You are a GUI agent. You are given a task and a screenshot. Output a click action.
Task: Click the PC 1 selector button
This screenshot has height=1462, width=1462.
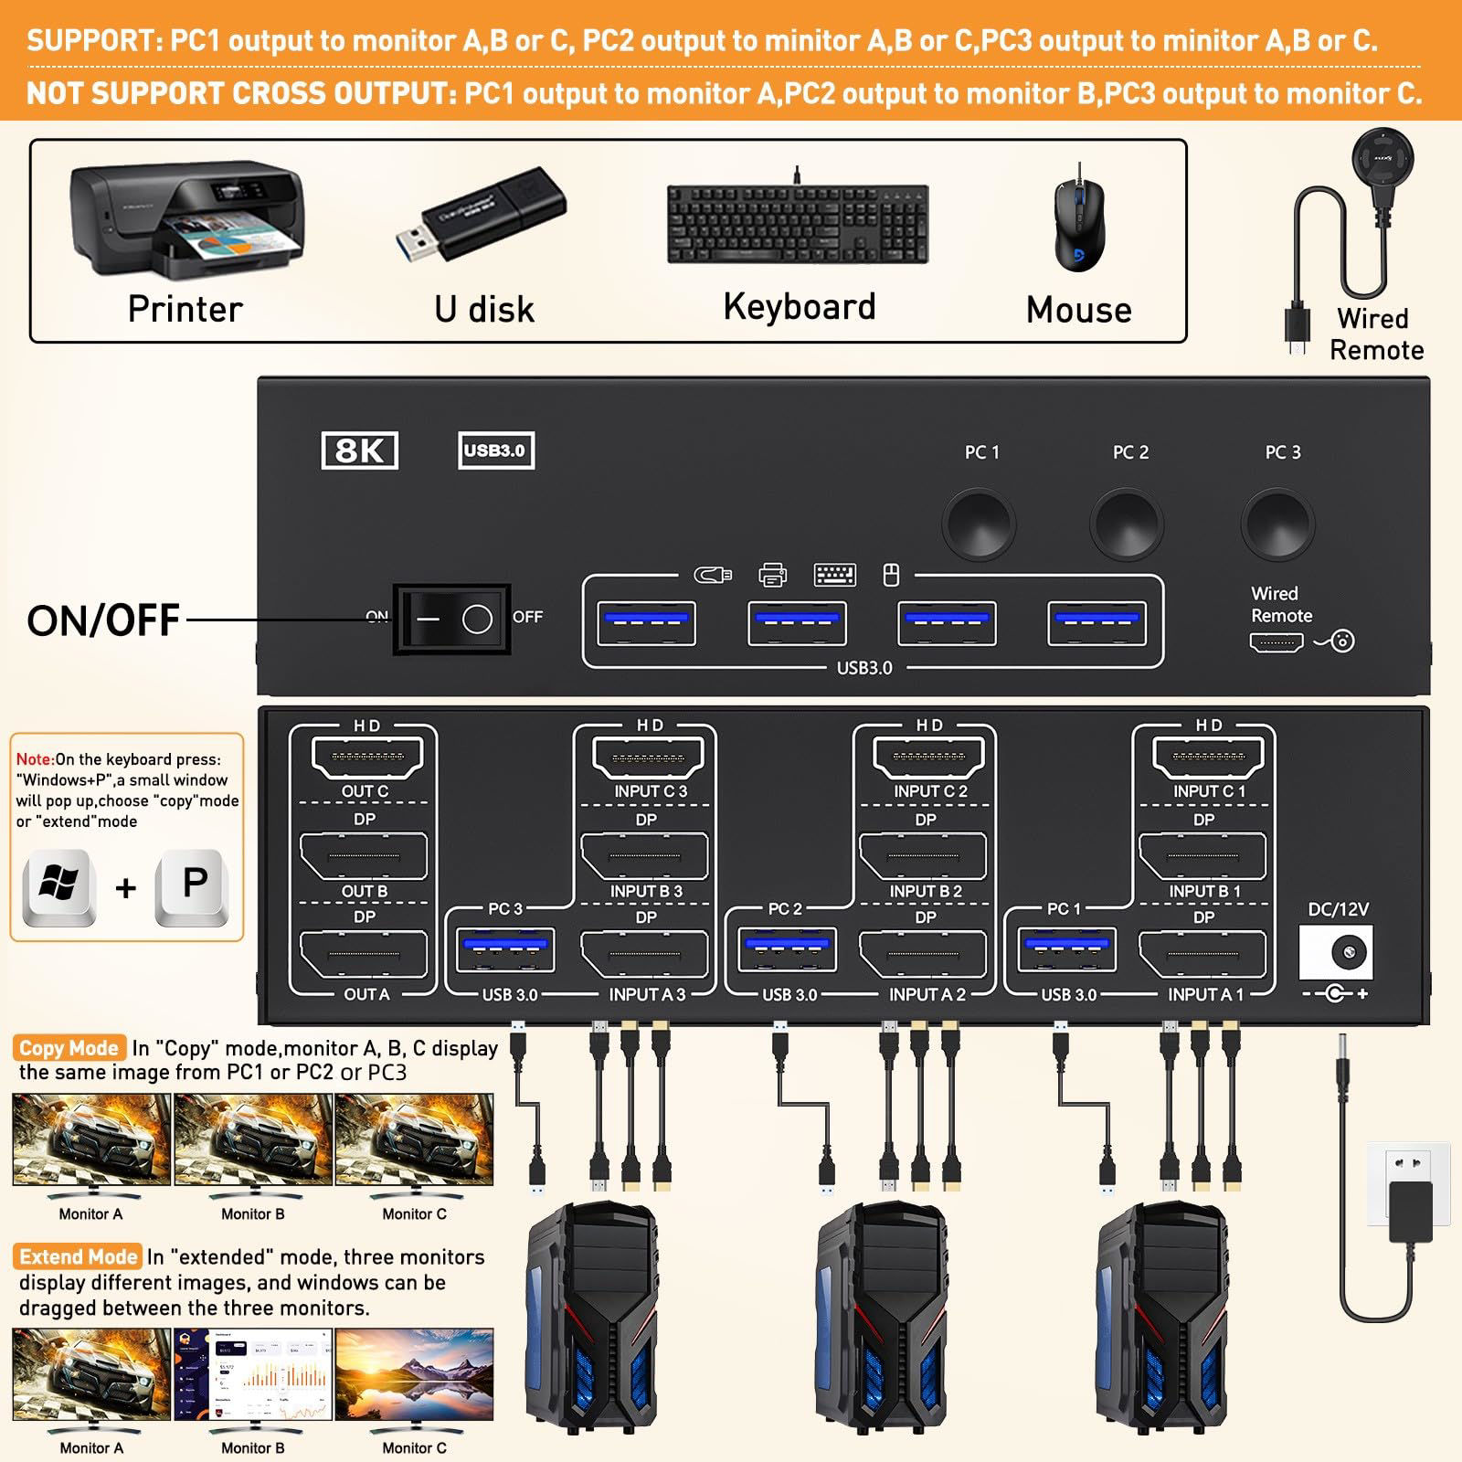coord(979,524)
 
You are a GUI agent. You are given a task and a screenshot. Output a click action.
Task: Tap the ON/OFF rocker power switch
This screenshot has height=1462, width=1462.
coord(451,620)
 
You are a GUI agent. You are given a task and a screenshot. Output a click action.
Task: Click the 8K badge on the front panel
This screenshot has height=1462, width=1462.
coord(360,450)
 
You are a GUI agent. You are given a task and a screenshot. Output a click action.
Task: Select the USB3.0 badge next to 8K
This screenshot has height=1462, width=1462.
coord(495,450)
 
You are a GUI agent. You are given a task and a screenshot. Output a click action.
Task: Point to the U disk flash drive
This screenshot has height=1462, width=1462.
coord(481,216)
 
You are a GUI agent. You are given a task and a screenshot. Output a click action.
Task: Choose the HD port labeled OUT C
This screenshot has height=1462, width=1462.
coord(367,757)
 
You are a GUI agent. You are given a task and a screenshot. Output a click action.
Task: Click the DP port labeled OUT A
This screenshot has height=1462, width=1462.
coord(364,954)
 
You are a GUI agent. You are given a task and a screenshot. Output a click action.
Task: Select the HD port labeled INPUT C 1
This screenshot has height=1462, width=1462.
coord(1208,757)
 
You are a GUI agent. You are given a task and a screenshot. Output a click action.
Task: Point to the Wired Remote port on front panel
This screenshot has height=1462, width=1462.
coord(1276,642)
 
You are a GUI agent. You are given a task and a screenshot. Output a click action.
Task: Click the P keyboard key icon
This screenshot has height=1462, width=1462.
coord(193,886)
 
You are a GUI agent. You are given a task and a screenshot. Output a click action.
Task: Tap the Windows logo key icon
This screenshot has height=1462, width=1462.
coord(59,886)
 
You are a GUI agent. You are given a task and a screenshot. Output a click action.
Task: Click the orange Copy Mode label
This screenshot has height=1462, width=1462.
coord(69,1048)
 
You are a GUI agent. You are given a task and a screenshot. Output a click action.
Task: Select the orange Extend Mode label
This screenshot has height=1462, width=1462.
coord(78,1256)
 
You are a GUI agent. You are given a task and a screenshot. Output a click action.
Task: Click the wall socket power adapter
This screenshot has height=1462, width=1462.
coord(1410,1197)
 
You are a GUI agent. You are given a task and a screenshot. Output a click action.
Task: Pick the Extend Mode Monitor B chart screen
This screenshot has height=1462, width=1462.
coord(253,1374)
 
